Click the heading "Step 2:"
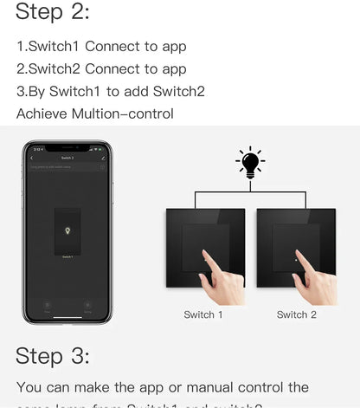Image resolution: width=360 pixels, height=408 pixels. coord(53,12)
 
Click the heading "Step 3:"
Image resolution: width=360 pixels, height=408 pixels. coord(53,355)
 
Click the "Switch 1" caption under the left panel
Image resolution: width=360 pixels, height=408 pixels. coord(203,314)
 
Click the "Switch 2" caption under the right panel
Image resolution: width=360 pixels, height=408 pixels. coord(297,314)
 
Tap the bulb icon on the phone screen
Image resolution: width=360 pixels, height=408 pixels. coord(67,232)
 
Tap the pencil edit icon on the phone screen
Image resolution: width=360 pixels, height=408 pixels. coord(103,159)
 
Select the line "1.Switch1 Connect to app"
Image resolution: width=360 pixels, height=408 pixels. coord(101,46)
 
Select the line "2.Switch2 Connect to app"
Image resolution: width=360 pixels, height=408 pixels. coord(101,68)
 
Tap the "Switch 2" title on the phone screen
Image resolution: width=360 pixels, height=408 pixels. coord(67,159)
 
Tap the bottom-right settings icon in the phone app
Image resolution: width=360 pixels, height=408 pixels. coord(87,305)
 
